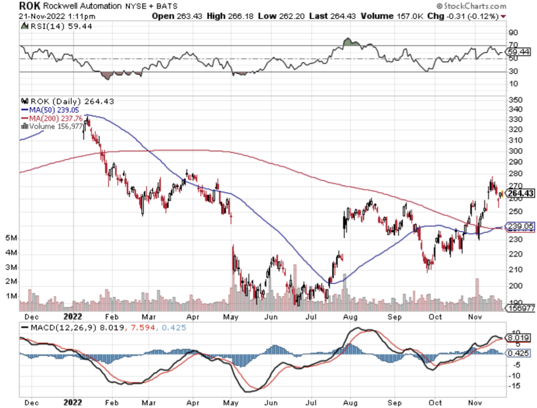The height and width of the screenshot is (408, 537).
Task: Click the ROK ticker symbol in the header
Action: tap(30, 6)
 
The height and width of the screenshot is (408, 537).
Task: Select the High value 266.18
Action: tap(241, 16)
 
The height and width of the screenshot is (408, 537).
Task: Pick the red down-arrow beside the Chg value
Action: tap(503, 16)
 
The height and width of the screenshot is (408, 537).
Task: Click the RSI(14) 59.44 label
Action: tap(61, 26)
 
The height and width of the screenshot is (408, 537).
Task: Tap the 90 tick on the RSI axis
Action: tap(513, 33)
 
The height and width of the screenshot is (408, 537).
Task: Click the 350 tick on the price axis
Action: tap(516, 100)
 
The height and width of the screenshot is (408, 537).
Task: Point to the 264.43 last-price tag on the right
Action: tap(521, 193)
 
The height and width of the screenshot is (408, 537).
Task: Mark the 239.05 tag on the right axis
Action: tap(521, 226)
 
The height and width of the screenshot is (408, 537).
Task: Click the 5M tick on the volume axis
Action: tap(11, 238)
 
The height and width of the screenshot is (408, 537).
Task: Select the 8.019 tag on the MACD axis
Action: tap(518, 338)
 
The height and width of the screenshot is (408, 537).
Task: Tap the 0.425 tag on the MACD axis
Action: tap(518, 353)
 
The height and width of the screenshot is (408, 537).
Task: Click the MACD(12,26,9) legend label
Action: tap(63, 328)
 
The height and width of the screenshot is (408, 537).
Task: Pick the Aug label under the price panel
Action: tap(350, 317)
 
